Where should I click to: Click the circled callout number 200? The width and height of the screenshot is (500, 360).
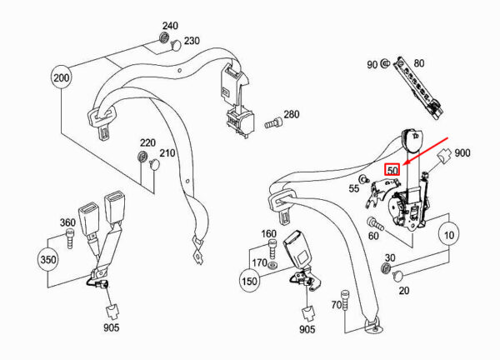click(61, 77)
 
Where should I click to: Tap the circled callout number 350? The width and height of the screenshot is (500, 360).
click(47, 259)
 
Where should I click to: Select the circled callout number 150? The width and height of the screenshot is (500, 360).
click(249, 281)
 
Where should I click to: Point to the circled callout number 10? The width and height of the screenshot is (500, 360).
click(449, 235)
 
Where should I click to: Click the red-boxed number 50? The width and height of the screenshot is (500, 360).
click(392, 170)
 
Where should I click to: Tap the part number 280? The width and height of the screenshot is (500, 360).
click(292, 114)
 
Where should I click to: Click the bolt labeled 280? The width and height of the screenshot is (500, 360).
click(273, 122)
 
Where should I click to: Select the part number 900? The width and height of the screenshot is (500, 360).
click(462, 153)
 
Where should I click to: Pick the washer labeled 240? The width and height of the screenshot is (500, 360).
click(164, 38)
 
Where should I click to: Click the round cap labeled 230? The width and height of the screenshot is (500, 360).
click(176, 45)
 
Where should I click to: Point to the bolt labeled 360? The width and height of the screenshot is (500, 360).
click(70, 238)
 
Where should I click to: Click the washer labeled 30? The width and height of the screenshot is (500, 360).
click(386, 267)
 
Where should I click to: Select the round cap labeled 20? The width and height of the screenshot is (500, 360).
click(397, 276)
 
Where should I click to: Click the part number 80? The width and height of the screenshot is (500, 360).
click(419, 63)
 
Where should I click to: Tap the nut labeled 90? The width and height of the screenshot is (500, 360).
click(385, 63)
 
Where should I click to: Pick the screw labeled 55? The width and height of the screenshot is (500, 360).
click(363, 179)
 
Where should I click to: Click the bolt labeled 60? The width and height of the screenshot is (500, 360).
click(375, 223)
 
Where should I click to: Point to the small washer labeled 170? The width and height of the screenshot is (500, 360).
click(272, 265)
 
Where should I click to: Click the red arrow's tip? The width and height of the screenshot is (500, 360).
click(403, 165)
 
